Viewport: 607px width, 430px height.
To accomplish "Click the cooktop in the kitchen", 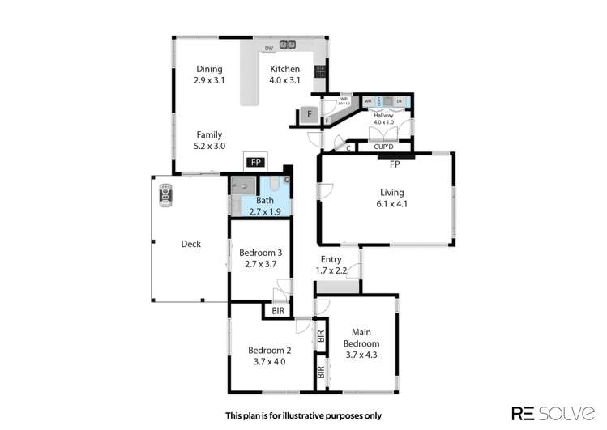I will [x=319, y=72].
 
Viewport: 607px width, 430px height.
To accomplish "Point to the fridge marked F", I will [x=309, y=114].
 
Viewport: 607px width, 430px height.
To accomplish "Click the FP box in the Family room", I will [x=255, y=162].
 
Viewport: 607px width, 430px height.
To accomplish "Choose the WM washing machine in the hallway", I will [x=368, y=101].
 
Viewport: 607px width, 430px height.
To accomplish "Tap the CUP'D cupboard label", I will [x=383, y=147].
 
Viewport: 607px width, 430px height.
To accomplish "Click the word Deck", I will [x=191, y=244].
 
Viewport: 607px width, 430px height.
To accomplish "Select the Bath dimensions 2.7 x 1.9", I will [x=265, y=211].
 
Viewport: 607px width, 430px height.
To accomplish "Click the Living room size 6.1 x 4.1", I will [x=391, y=204].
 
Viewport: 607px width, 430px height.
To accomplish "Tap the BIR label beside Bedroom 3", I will [x=278, y=310].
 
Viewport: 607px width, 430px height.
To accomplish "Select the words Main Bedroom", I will [x=361, y=338].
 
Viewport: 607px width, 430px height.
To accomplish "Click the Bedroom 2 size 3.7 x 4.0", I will [x=270, y=361].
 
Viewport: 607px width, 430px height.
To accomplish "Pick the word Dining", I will [x=208, y=69].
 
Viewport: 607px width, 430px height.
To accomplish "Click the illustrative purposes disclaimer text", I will [x=303, y=415].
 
